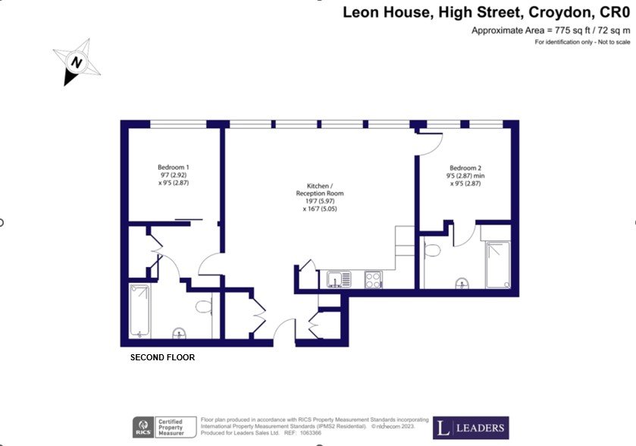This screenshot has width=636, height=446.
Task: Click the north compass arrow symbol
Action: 76,62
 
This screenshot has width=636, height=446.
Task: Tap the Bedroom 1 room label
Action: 173,167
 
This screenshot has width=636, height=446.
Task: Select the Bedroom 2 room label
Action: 465,168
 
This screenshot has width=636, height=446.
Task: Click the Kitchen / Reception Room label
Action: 320,190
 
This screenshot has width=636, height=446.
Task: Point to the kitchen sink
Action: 339,279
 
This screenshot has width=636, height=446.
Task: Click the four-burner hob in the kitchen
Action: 373,279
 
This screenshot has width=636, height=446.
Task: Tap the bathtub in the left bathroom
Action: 139,311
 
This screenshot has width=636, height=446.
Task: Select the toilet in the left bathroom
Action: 204,306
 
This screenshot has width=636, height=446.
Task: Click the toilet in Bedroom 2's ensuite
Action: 432,250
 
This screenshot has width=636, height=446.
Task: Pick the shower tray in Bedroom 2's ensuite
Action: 498,265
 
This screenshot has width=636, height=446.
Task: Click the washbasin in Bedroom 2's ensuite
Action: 462,283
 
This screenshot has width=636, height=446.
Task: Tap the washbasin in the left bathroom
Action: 180,333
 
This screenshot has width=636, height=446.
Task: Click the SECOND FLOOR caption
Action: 162,357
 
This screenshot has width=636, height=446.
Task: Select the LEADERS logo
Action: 471,428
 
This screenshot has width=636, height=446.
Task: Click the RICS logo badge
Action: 143,427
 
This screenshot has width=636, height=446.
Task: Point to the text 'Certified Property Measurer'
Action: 171,428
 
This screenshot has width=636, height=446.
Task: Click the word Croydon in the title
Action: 561,13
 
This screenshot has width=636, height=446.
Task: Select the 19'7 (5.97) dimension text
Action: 320,201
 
